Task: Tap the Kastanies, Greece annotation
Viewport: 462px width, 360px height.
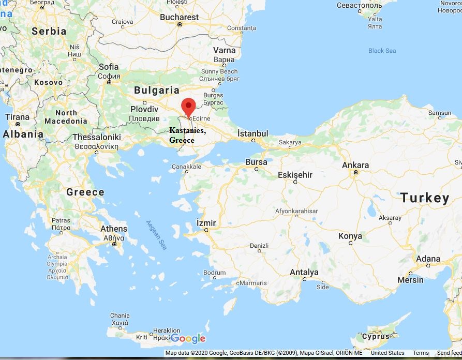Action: click(187, 136)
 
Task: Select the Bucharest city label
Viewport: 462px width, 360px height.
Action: click(179, 17)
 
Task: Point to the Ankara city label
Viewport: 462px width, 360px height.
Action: click(355, 166)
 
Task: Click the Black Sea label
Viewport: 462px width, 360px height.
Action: click(382, 51)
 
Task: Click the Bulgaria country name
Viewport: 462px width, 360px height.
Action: click(157, 90)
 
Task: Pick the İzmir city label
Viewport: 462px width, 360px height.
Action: click(206, 223)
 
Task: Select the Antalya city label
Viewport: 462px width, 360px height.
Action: click(304, 272)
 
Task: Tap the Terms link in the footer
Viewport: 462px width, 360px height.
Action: click(421, 353)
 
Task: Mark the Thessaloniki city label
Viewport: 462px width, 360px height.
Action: click(97, 137)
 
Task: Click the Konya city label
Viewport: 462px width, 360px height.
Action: click(350, 236)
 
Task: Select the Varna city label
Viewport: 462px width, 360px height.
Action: click(224, 51)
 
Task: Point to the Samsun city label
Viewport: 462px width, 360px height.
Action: click(440, 113)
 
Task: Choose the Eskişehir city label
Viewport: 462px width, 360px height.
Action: click(295, 175)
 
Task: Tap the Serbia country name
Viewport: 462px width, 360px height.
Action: click(49, 31)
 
